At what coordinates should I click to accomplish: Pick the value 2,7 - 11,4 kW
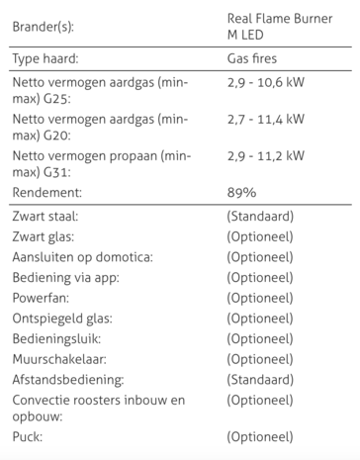(x=265, y=119)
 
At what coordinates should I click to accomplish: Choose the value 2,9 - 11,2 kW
(x=265, y=155)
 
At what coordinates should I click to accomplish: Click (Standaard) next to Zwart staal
(x=260, y=216)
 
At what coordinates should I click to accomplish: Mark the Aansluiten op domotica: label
(x=82, y=257)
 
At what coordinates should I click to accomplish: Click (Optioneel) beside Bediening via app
(x=260, y=278)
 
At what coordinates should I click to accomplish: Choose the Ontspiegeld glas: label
(x=61, y=319)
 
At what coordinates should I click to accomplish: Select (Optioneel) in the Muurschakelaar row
(x=260, y=359)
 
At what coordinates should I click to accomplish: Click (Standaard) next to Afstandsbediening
(x=260, y=380)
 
